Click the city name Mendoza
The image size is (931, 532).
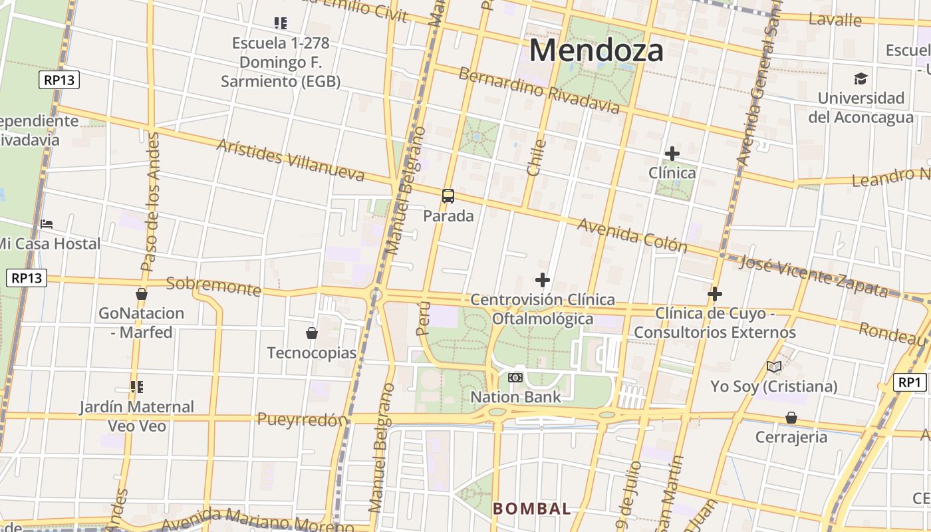coord(597,51)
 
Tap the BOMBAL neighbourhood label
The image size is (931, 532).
coord(531,509)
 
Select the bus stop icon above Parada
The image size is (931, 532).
coord(448,196)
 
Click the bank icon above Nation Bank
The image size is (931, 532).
coord(515,378)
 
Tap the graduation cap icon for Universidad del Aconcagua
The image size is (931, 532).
coord(861,78)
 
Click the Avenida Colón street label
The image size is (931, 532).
coord(632,235)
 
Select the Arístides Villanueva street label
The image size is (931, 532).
coord(291,160)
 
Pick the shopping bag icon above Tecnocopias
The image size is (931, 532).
coord(311,332)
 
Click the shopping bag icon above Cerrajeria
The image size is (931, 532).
coord(791,418)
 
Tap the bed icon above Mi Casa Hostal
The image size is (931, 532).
coord(47,224)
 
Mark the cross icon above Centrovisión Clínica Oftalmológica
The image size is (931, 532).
coord(543,280)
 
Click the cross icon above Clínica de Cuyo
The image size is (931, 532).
coord(715,293)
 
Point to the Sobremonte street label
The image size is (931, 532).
coord(213,286)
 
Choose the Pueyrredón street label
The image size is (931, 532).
coord(303,420)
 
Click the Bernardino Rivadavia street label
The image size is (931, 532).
coord(539,90)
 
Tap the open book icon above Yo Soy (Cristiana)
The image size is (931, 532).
coord(773,366)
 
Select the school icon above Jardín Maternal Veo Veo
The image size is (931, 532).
coord(137,387)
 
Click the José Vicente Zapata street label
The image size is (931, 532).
coord(813,276)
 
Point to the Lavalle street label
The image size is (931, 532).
coord(835,19)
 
